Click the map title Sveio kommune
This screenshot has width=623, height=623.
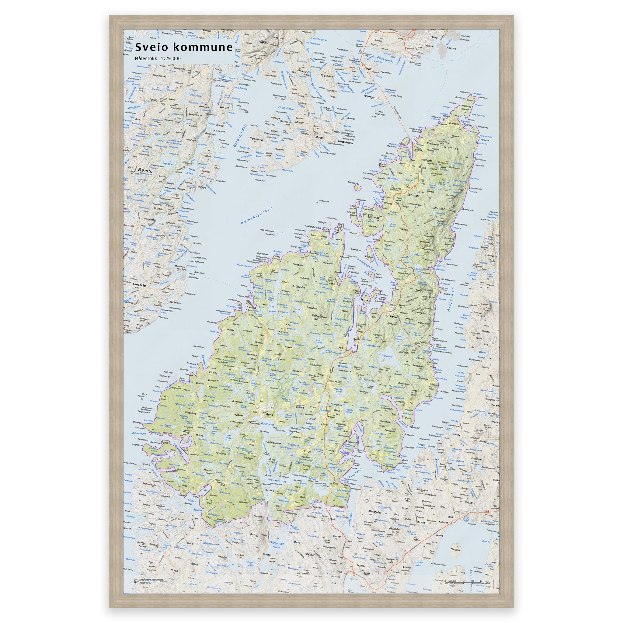tap(184, 47)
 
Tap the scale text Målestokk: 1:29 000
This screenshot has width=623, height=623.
tap(158, 58)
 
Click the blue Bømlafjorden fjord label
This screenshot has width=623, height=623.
tap(257, 216)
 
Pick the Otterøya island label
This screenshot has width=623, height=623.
tap(370, 96)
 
